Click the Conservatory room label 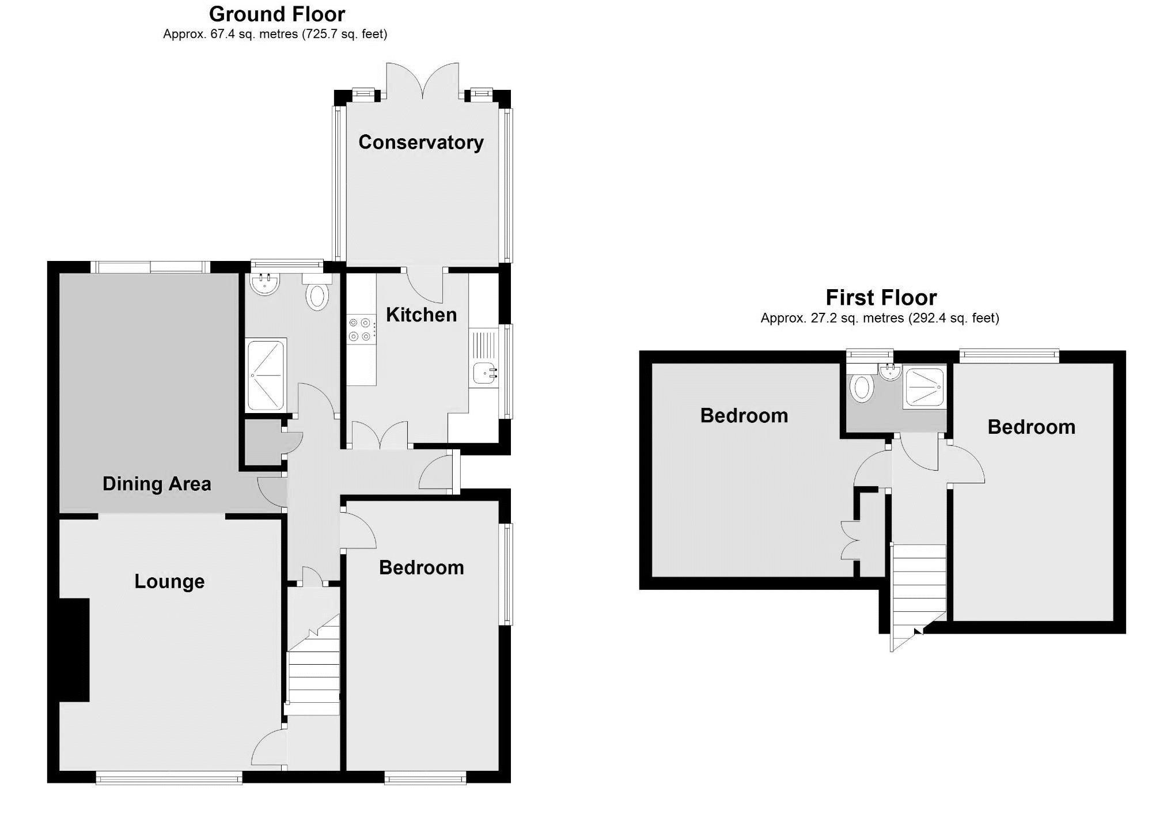420,142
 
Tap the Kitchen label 421,315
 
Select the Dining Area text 157,484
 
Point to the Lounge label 169,581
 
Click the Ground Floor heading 277,14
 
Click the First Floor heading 881,297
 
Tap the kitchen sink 484,373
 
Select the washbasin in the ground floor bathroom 265,284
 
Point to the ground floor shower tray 266,375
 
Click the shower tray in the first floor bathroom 924,388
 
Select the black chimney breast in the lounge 74,650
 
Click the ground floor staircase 313,674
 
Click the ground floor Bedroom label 421,568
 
